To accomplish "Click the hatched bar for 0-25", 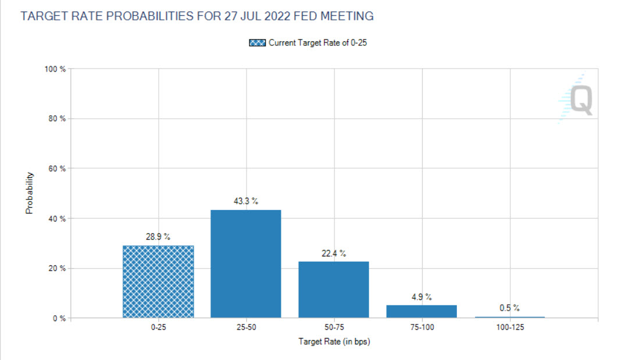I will [158, 281].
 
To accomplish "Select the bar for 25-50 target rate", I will [246, 264].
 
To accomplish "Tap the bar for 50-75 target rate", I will [334, 290].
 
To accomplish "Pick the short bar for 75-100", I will [421, 311].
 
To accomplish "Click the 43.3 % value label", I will [246, 201].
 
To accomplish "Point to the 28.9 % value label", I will [158, 237].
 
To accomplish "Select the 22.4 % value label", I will [334, 253].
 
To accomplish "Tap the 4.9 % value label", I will [421, 297].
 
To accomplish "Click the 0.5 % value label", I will [509, 308].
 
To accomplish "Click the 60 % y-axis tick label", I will [56, 169].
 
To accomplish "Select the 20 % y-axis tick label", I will [56, 268].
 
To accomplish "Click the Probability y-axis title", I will [29, 193].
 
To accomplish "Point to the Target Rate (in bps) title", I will [334, 342].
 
